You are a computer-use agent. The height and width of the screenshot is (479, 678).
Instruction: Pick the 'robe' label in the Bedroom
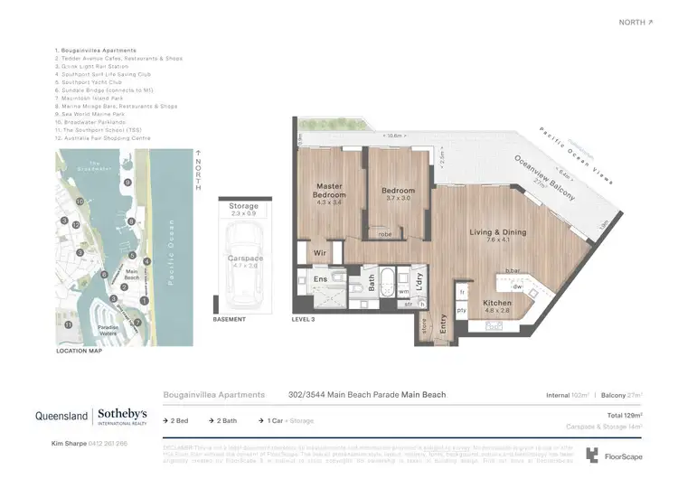[x=385, y=233]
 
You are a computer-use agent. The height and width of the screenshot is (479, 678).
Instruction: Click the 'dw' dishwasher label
[x=518, y=286]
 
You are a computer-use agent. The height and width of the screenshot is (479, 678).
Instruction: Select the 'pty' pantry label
[x=462, y=310]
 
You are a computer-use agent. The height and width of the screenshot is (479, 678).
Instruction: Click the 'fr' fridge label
[x=462, y=292]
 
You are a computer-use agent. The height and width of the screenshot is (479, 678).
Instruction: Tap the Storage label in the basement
[x=243, y=207]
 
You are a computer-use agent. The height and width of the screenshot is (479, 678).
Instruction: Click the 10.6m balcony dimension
[x=392, y=136]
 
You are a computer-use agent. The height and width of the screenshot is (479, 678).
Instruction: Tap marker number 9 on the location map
[x=127, y=183]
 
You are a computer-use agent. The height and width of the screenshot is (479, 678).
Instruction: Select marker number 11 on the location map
[x=68, y=324]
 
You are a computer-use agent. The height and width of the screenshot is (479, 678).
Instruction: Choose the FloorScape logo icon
[x=592, y=455]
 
